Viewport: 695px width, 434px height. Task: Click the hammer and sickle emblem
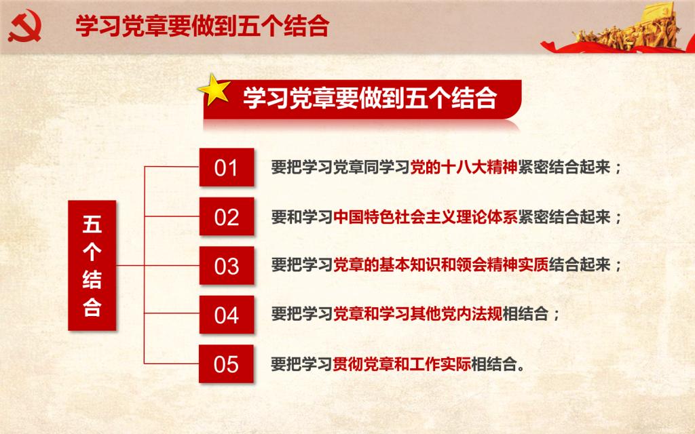point(25,26)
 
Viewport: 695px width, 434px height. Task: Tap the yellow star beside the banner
point(214,90)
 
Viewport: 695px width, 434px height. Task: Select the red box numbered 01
point(227,167)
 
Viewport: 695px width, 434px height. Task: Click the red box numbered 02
point(227,216)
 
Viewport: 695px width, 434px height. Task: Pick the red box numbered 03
point(227,266)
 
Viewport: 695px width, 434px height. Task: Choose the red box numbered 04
point(227,315)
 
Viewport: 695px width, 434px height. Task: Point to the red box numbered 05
point(226,364)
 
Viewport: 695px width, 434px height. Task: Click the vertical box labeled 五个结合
point(92,265)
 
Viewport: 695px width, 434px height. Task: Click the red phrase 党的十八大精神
point(464,167)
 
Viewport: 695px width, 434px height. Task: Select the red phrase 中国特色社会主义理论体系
point(426,217)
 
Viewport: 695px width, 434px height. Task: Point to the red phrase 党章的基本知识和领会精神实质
point(440,265)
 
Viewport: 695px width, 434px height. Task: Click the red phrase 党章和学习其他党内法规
point(417,314)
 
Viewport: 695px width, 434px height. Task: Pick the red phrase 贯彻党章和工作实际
point(402,364)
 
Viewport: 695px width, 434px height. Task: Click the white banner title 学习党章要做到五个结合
point(370,98)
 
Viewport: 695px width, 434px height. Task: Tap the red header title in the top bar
point(202,26)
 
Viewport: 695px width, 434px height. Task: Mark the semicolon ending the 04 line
point(557,315)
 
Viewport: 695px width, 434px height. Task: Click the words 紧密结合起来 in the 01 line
point(564,167)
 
